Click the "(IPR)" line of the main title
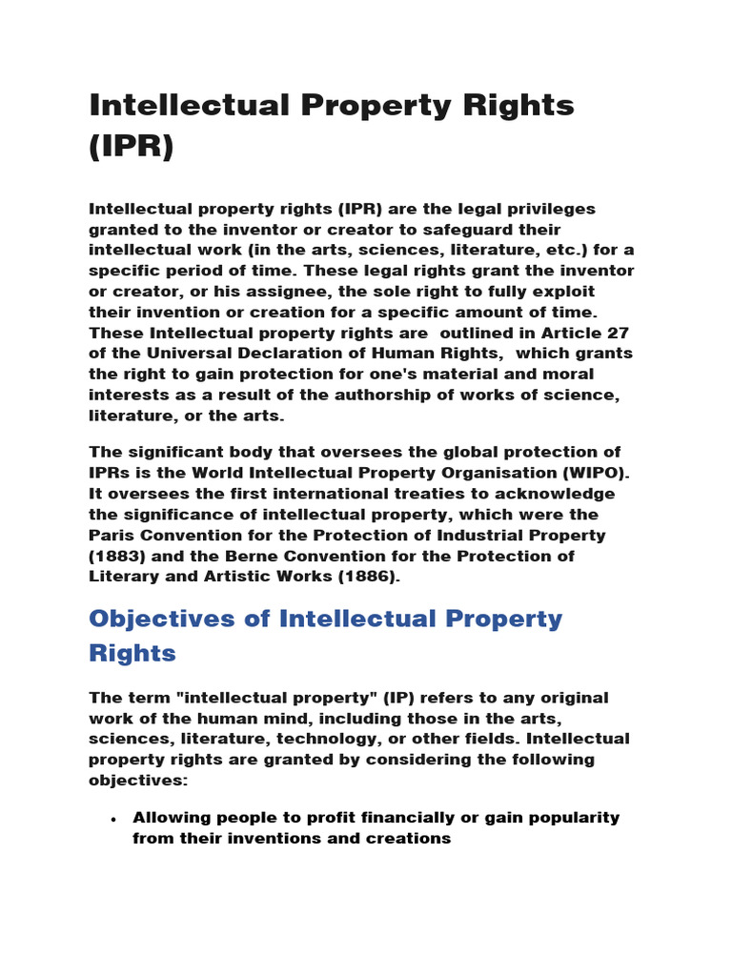click(x=132, y=147)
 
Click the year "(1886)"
click(x=357, y=578)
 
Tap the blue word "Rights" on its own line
click(x=132, y=653)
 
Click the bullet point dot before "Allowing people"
click(x=113, y=819)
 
